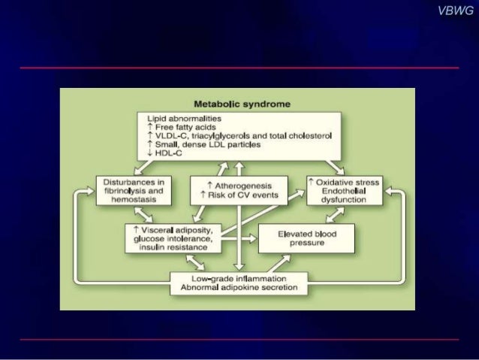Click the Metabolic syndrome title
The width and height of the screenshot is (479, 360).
(236, 104)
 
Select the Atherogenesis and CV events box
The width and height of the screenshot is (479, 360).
(237, 190)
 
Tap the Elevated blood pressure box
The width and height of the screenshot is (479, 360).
(306, 238)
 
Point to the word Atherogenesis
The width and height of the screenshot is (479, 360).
(240, 185)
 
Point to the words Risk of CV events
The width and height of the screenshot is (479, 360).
(240, 195)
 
